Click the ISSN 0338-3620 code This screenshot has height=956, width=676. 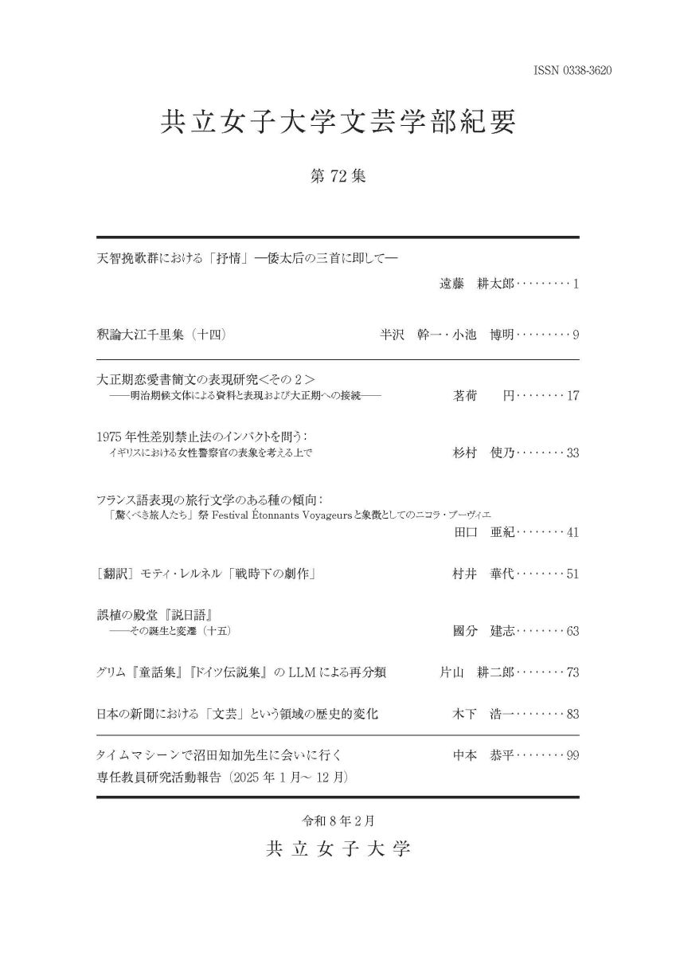(x=572, y=72)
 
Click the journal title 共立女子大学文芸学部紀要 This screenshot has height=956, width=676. (x=338, y=123)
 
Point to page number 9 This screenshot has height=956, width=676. (x=575, y=335)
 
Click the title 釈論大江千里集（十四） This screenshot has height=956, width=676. (x=162, y=335)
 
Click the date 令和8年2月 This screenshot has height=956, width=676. (x=338, y=819)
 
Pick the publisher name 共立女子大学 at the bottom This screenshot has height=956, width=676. (x=338, y=848)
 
